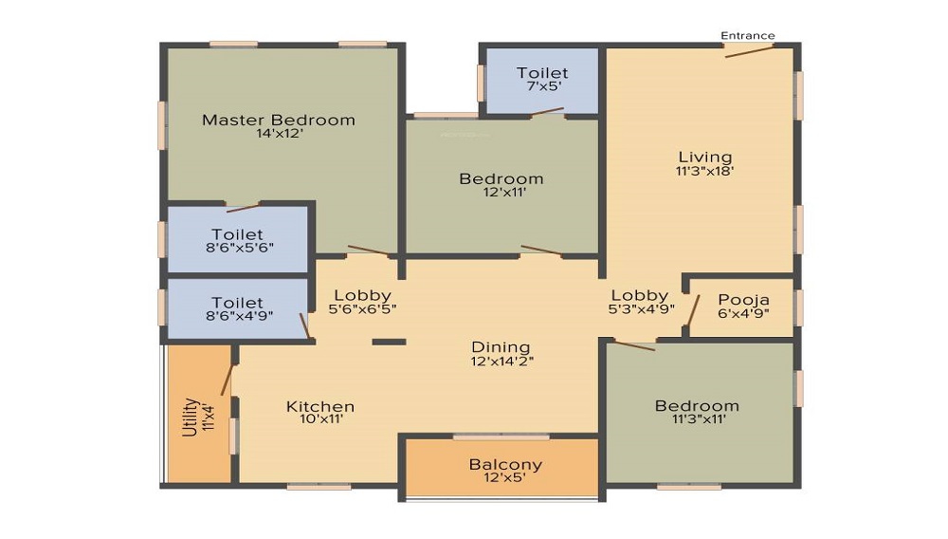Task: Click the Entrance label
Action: coord(748,36)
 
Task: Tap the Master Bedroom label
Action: coord(279,120)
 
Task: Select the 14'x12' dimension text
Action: coord(279,134)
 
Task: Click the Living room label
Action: coord(705,157)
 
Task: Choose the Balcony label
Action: coord(505,464)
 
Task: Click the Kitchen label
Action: coord(320,406)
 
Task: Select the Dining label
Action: coord(501,346)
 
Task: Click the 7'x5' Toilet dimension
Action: coord(542,87)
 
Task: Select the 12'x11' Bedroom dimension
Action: coord(501,193)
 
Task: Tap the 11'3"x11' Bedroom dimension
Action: coord(697,419)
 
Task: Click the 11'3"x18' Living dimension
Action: coord(705,172)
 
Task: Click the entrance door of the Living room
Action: coord(749,50)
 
